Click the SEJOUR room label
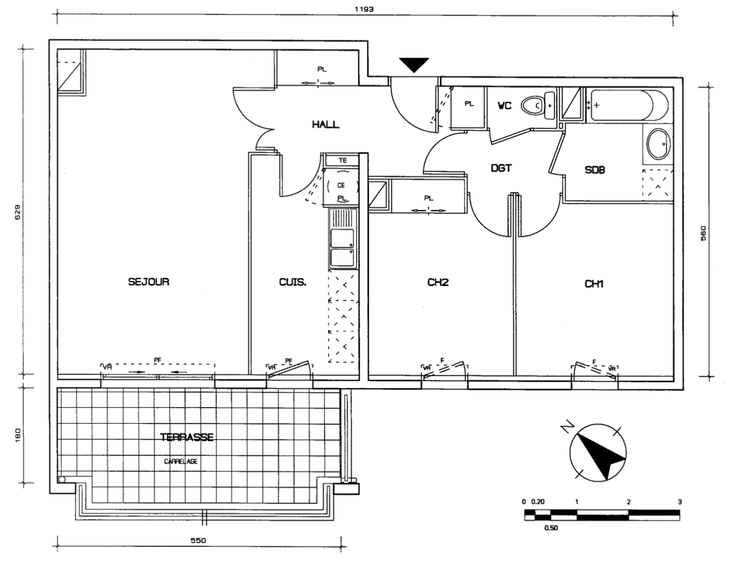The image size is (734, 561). pos(149,282)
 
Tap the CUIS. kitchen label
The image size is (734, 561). pos(293,282)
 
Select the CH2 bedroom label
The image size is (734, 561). pos(438,282)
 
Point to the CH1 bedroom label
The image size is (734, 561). pos(594,284)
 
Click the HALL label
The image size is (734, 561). pos(326,124)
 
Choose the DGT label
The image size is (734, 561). pos(501,168)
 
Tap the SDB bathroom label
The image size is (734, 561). pos(595,170)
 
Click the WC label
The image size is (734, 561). pos(505,106)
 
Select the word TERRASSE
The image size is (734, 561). pos(187,437)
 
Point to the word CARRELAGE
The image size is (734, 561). pos(181,461)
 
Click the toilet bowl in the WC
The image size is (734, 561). pos(532,106)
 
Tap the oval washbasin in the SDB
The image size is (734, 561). pos(659,144)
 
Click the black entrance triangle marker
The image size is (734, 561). pos(414,65)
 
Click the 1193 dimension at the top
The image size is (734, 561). pos(364,9)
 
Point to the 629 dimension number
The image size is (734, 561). pos(18,212)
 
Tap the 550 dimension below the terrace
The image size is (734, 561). pos(198,540)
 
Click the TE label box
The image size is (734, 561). pos(342,160)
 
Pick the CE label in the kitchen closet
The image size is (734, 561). pos(341,185)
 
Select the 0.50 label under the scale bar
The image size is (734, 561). pos(551,527)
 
